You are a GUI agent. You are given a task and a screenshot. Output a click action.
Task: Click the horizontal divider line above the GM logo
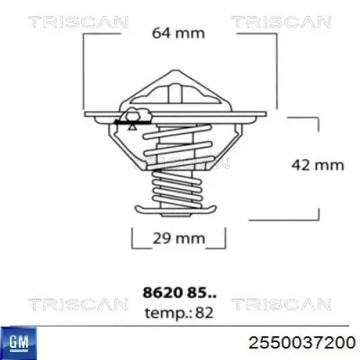point(180,325)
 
